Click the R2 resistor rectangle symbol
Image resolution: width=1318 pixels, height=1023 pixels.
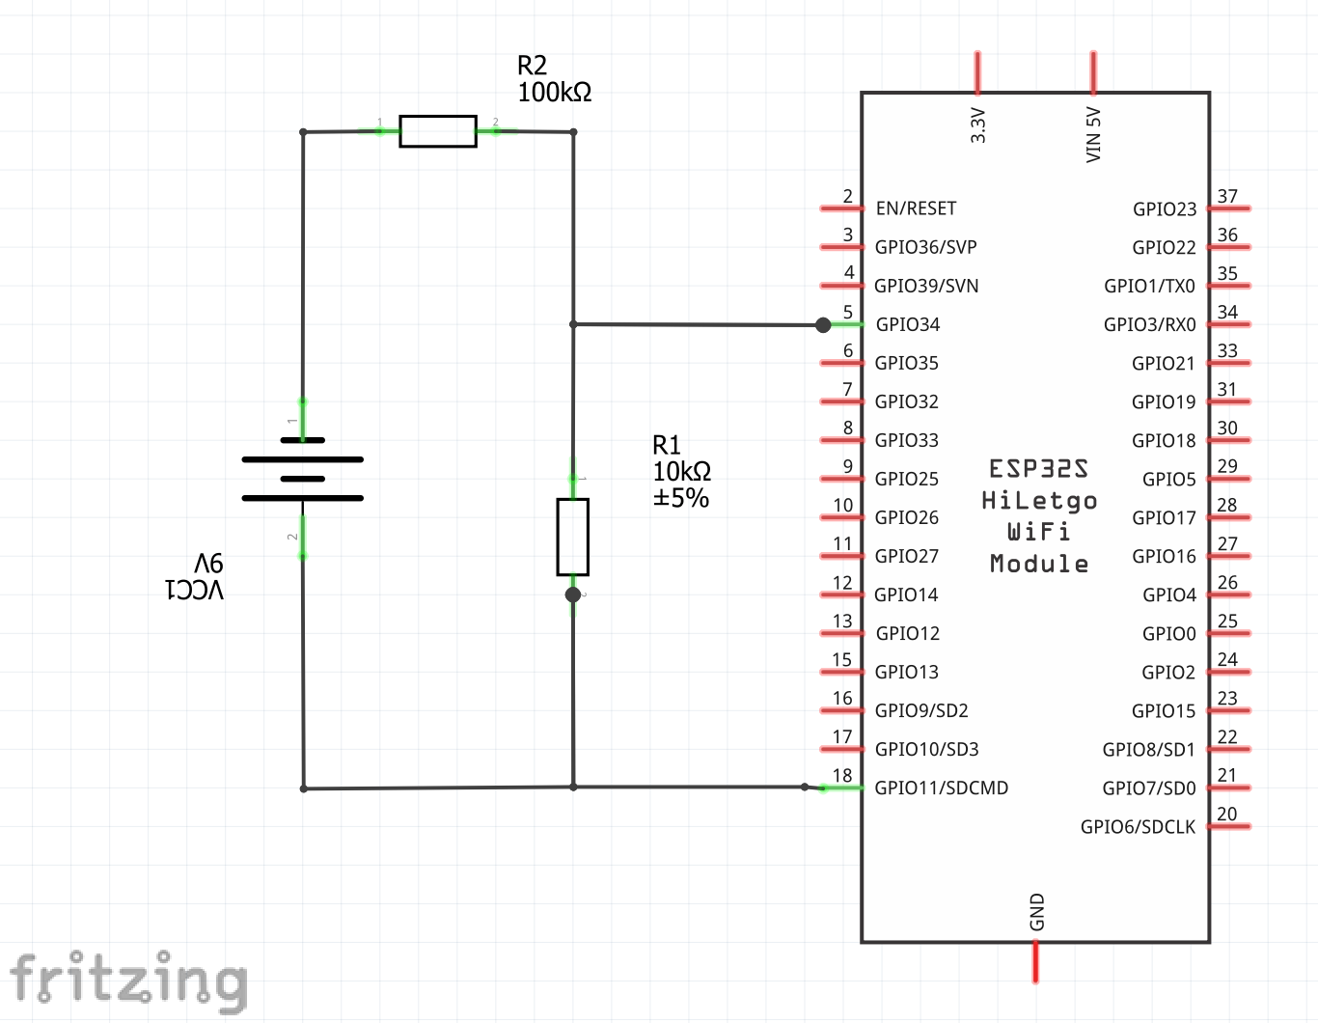click(438, 131)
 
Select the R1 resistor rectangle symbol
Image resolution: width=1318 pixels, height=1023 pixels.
click(573, 537)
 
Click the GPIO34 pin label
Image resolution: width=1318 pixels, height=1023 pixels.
click(907, 324)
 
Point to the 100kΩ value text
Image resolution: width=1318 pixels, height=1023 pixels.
click(555, 93)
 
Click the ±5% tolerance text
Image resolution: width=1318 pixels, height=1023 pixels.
click(681, 498)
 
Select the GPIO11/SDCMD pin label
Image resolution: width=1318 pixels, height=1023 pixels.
click(941, 788)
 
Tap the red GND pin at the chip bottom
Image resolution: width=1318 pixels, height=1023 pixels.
click(1035, 961)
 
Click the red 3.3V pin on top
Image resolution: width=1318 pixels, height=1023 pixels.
click(977, 72)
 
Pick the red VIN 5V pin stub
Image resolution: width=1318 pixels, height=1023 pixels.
click(1093, 72)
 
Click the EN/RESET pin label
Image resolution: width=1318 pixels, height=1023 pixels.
click(916, 208)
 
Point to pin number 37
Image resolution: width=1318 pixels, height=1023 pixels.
click(1227, 197)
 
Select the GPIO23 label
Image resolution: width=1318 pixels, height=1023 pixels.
click(1165, 209)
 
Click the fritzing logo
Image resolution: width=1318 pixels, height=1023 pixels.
click(128, 981)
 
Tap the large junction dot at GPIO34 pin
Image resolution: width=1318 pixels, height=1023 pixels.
click(823, 325)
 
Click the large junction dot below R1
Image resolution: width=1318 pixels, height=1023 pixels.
click(573, 594)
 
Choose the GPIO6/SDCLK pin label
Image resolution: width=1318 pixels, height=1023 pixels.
click(1138, 827)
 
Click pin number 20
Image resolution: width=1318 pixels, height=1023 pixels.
click(1227, 815)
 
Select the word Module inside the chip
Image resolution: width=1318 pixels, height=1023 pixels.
click(1039, 564)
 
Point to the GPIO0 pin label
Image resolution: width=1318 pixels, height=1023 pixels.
click(1168, 634)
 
